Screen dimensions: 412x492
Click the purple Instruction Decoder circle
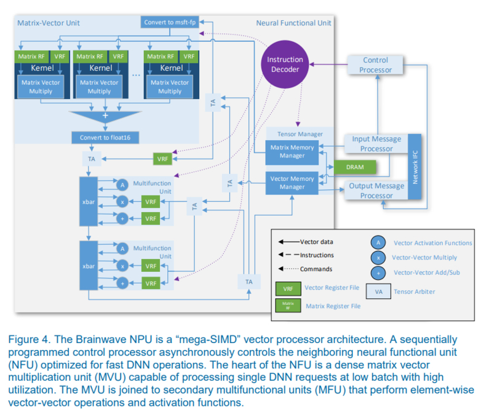(285, 65)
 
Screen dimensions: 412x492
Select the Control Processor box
(376, 65)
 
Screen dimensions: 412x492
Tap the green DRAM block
(354, 167)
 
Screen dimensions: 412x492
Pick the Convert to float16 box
(105, 137)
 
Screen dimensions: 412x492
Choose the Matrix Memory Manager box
(292, 151)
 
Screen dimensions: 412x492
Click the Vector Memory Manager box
(292, 183)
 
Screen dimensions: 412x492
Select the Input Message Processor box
(376, 143)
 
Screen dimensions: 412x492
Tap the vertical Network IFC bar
(416, 167)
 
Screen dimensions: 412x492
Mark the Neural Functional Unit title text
(293, 23)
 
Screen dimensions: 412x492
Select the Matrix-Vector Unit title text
(49, 23)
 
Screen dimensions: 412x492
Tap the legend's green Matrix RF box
(287, 305)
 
